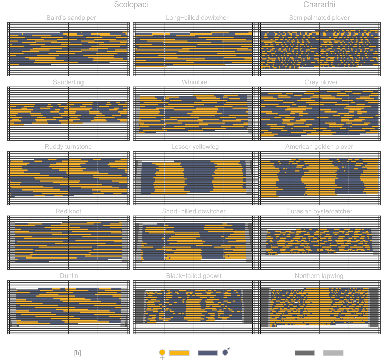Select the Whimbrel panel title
tap(195, 82)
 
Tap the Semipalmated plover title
tap(319, 18)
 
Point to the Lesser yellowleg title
tap(195, 147)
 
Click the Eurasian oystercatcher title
tap(319, 211)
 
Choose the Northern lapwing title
tap(319, 276)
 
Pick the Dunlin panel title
tap(69, 276)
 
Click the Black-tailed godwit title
tap(194, 276)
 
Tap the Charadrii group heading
tap(319, 5)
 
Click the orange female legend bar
tap(179, 353)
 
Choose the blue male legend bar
tap(208, 353)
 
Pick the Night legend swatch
tap(304, 353)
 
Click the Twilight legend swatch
tap(333, 353)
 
